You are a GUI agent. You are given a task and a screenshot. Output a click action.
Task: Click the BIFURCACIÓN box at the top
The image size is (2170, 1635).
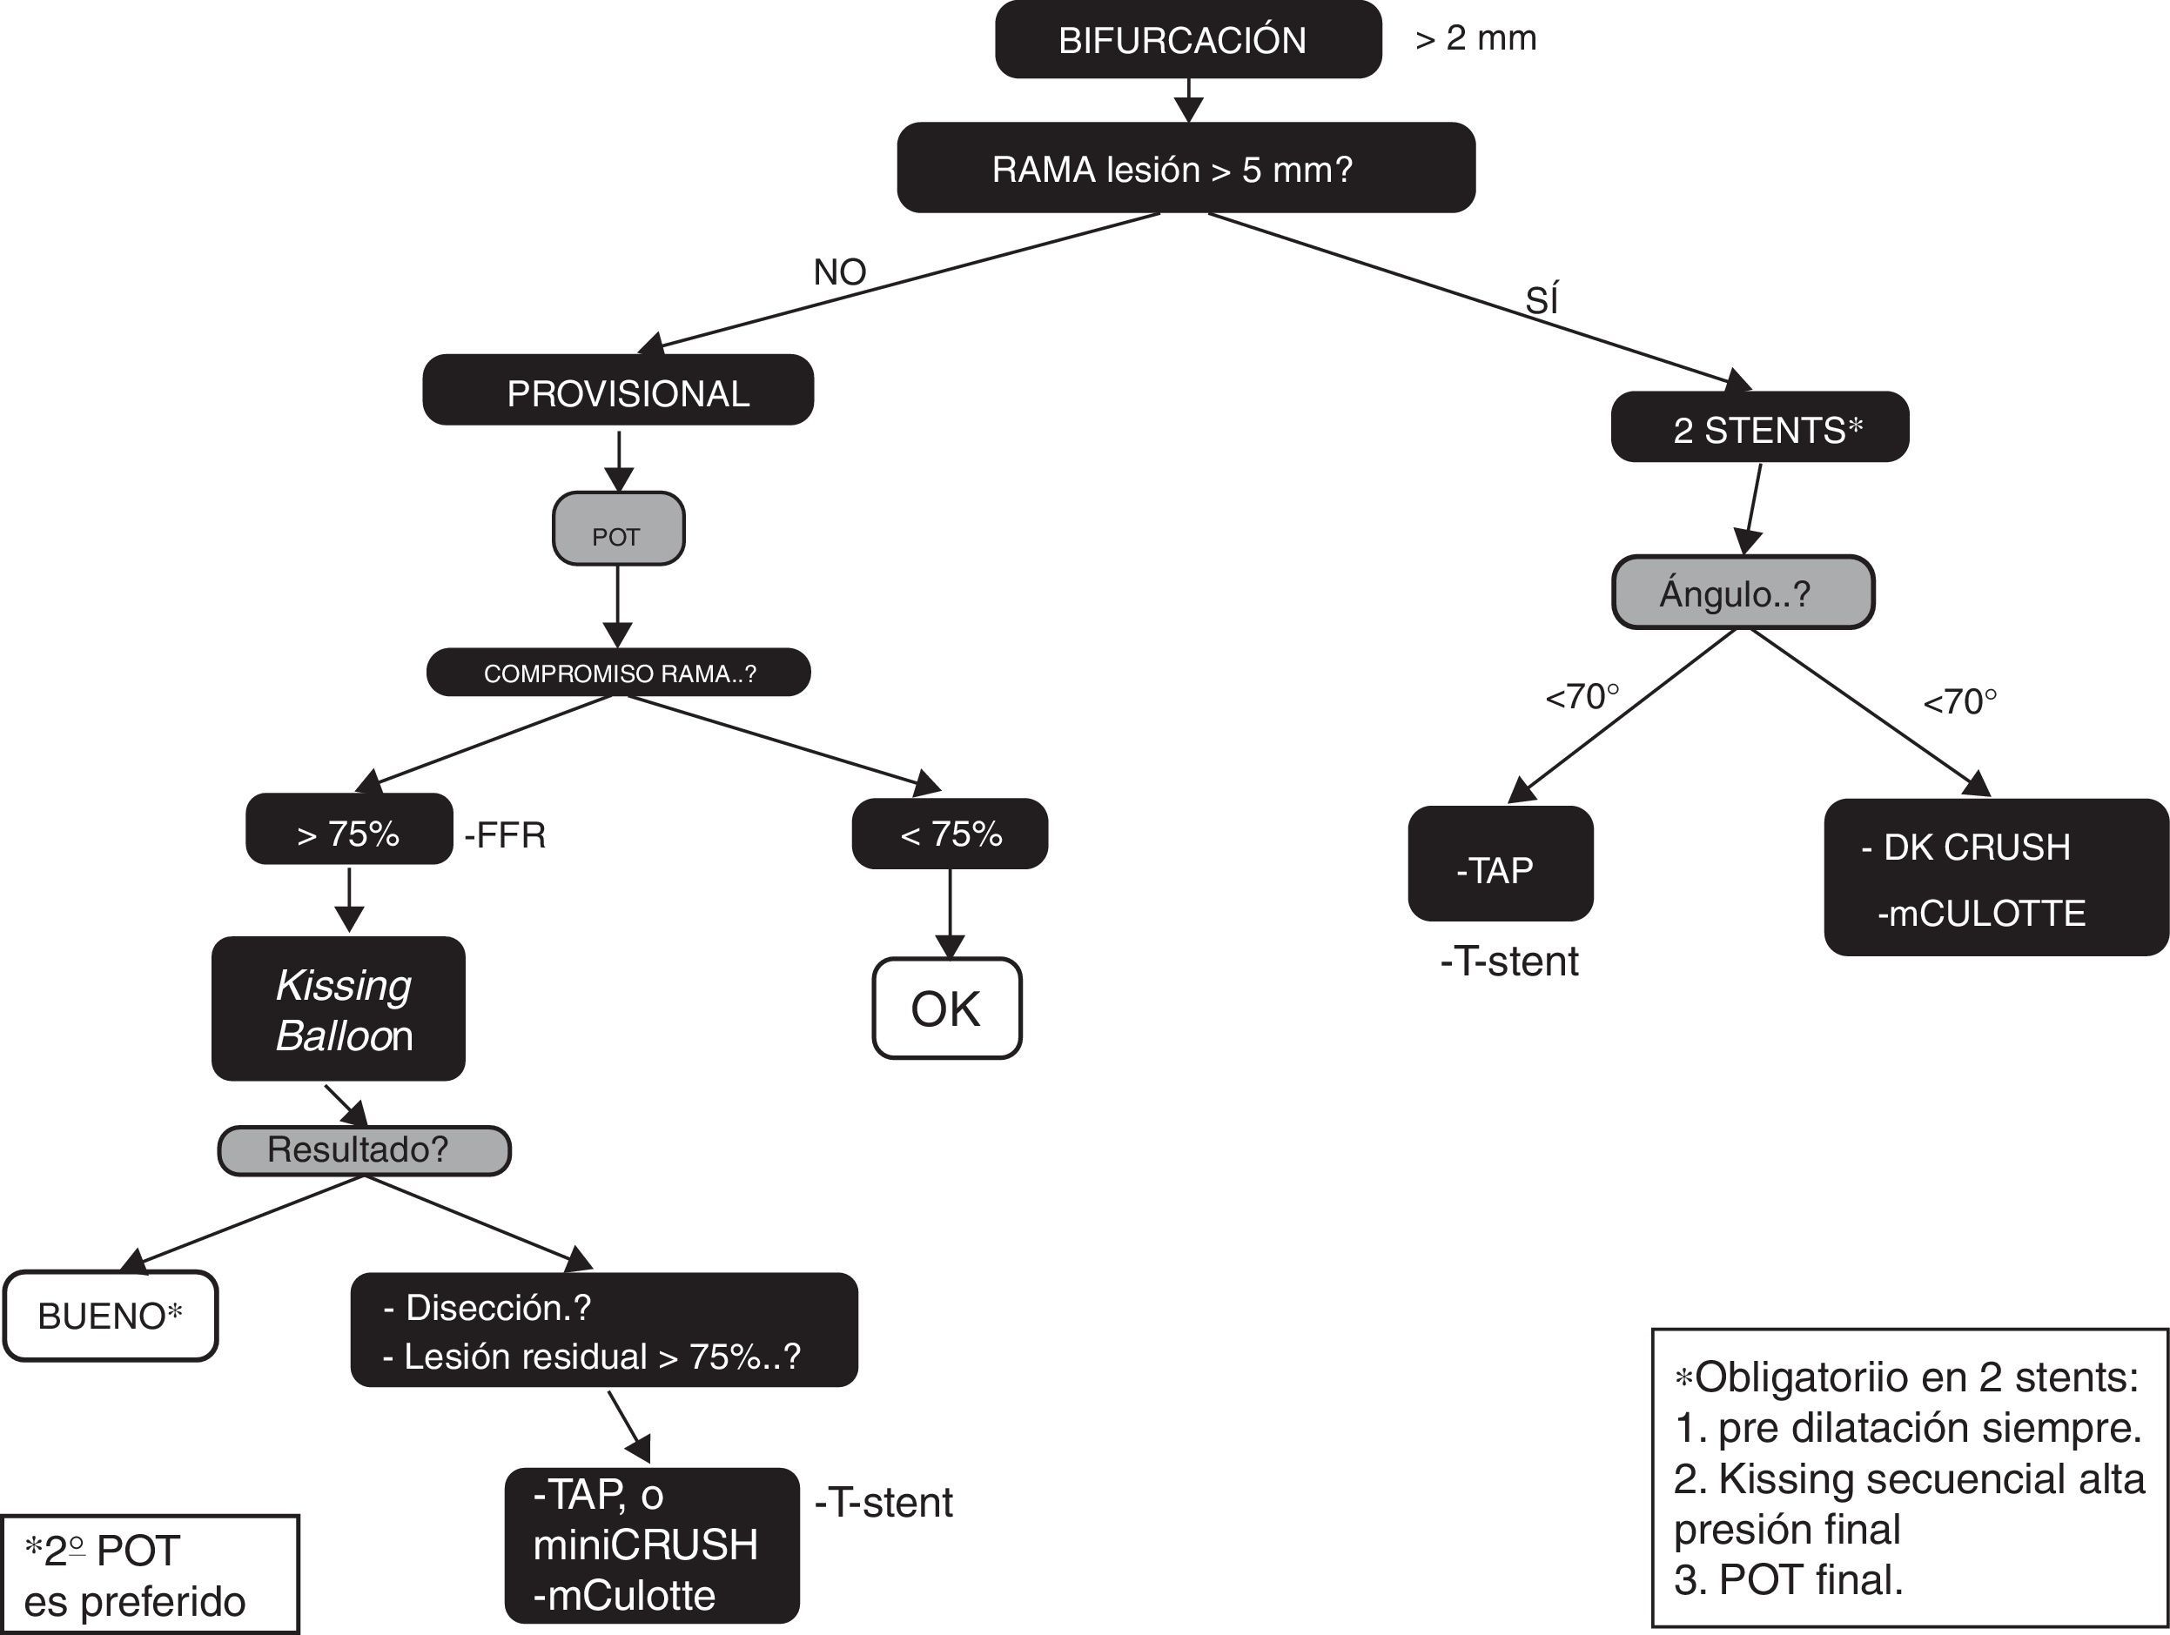point(1187,40)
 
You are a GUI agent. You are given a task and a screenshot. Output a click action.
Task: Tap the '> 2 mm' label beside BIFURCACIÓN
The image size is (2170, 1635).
point(1475,38)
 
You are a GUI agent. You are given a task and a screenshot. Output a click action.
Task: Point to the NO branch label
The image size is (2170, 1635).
point(840,271)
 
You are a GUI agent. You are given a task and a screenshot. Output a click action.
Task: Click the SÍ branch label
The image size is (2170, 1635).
point(1542,300)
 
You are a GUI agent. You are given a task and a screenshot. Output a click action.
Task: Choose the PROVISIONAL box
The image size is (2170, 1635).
point(618,392)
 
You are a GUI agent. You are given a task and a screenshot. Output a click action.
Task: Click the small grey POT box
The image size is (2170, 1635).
point(618,530)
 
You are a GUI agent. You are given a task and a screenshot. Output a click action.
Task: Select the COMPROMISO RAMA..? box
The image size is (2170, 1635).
point(618,673)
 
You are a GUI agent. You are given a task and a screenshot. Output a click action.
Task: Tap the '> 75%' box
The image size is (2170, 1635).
point(349,831)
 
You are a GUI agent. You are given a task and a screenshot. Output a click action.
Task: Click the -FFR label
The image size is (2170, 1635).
point(504,834)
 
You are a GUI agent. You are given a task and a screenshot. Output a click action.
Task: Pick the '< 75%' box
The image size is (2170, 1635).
point(950,834)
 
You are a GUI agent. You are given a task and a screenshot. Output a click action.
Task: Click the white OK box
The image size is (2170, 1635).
point(947,1008)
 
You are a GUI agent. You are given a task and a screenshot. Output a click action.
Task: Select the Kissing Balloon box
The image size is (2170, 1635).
point(339,1009)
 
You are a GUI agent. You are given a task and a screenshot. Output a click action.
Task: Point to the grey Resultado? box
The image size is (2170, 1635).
point(364,1149)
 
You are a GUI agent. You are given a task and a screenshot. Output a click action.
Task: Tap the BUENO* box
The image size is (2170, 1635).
point(110,1317)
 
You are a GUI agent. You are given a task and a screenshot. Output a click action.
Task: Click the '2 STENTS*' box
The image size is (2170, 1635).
point(1760,427)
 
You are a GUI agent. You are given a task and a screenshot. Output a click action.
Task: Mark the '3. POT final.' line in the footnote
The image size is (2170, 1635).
point(1787,1579)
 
